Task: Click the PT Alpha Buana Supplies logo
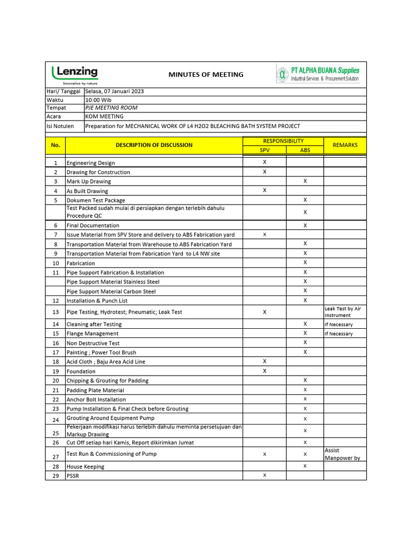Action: tap(318, 74)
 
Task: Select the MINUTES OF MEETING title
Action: tap(206, 75)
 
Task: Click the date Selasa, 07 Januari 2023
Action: tap(115, 91)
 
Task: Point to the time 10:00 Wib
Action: tap(99, 100)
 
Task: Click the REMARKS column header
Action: tap(345, 145)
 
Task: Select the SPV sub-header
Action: tap(265, 151)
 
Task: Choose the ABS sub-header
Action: tap(305, 151)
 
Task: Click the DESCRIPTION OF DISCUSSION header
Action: tap(154, 145)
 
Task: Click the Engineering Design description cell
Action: tap(90, 163)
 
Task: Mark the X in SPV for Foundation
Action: tap(265, 371)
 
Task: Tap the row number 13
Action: tap(55, 312)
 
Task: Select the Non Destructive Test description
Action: tap(93, 343)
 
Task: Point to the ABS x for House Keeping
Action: tap(305, 466)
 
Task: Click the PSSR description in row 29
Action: tap(73, 476)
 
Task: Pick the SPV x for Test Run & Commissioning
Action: tap(265, 454)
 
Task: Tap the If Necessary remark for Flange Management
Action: tap(339, 334)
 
